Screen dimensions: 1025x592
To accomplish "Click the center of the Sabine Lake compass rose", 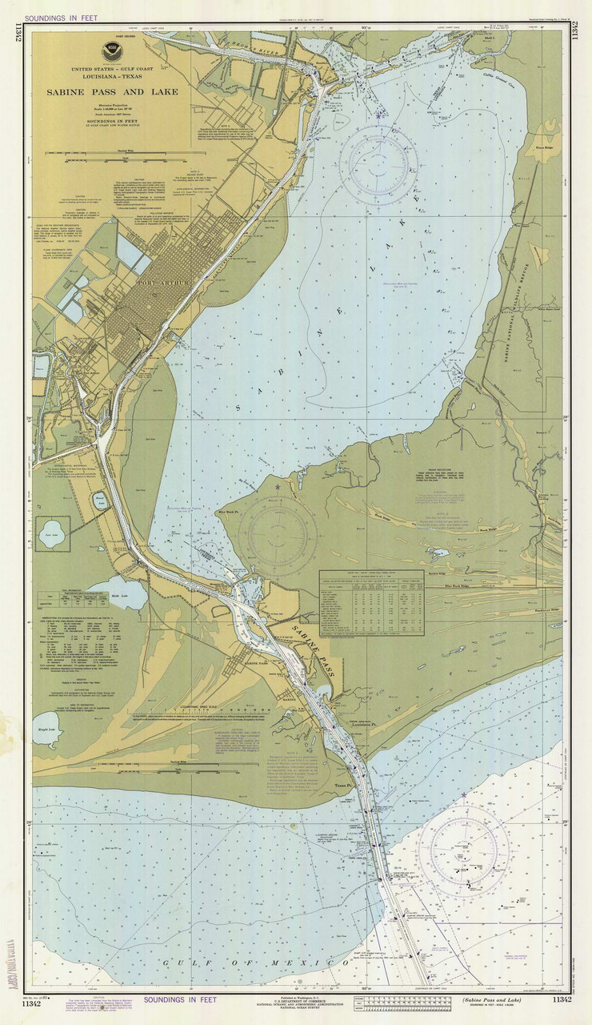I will click(x=379, y=163).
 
